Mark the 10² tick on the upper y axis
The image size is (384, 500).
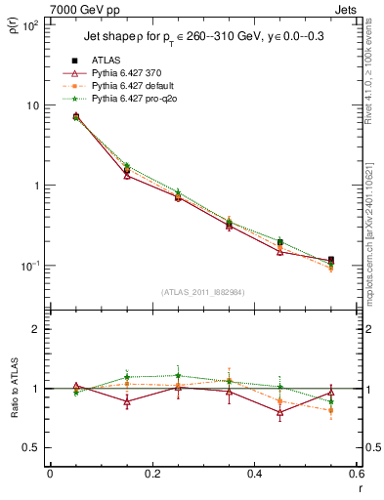(x=30, y=25)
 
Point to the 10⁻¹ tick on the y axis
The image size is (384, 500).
(x=30, y=266)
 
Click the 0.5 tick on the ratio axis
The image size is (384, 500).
(x=33, y=447)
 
